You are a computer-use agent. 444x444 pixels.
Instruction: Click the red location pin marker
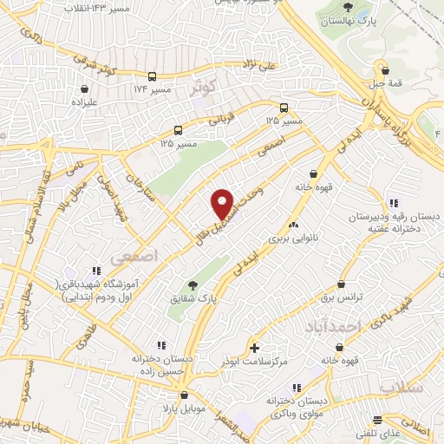[223, 204]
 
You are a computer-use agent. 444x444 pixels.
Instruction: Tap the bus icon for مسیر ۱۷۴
[153, 76]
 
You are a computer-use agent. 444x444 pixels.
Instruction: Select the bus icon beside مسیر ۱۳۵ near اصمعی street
[288, 109]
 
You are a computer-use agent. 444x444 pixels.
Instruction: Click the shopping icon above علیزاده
[84, 88]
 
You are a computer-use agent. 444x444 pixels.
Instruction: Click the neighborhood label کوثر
[207, 87]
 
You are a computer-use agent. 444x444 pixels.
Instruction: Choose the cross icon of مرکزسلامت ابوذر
[254, 347]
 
